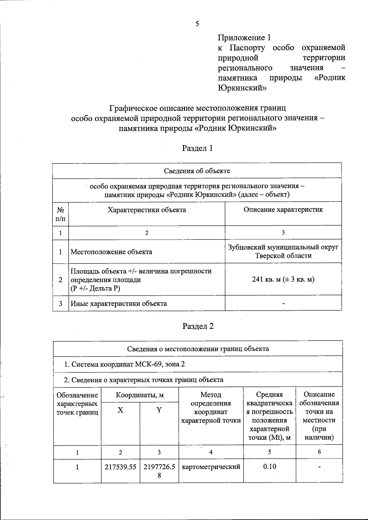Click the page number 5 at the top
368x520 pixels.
pos(197,24)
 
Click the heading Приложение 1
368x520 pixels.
pos(244,38)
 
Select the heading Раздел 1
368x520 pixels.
pos(197,148)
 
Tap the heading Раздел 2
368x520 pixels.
pos(198,326)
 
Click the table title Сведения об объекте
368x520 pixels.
pos(197,171)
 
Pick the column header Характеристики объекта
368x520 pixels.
pos(147,210)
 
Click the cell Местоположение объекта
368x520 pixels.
pos(111,252)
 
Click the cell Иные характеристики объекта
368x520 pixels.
pos(119,303)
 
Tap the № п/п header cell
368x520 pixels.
pos(60,214)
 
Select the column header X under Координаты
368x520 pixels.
pos(121,410)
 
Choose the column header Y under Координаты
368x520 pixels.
pos(159,410)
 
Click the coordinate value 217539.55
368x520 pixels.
pos(121,467)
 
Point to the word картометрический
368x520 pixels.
pos(211,467)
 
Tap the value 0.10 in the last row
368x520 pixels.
pos(270,466)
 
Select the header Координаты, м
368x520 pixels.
pos(140,395)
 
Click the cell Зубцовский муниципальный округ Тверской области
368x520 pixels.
pos(283,251)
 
